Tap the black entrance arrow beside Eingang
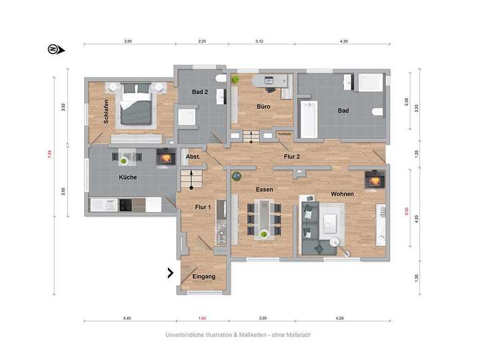point(171,272)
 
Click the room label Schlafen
point(106,111)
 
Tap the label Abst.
point(193,157)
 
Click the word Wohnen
point(342,193)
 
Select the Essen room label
point(265,189)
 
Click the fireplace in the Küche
point(165,158)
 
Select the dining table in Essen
point(265,217)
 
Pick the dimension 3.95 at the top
point(128,41)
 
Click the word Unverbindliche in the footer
point(186,335)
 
